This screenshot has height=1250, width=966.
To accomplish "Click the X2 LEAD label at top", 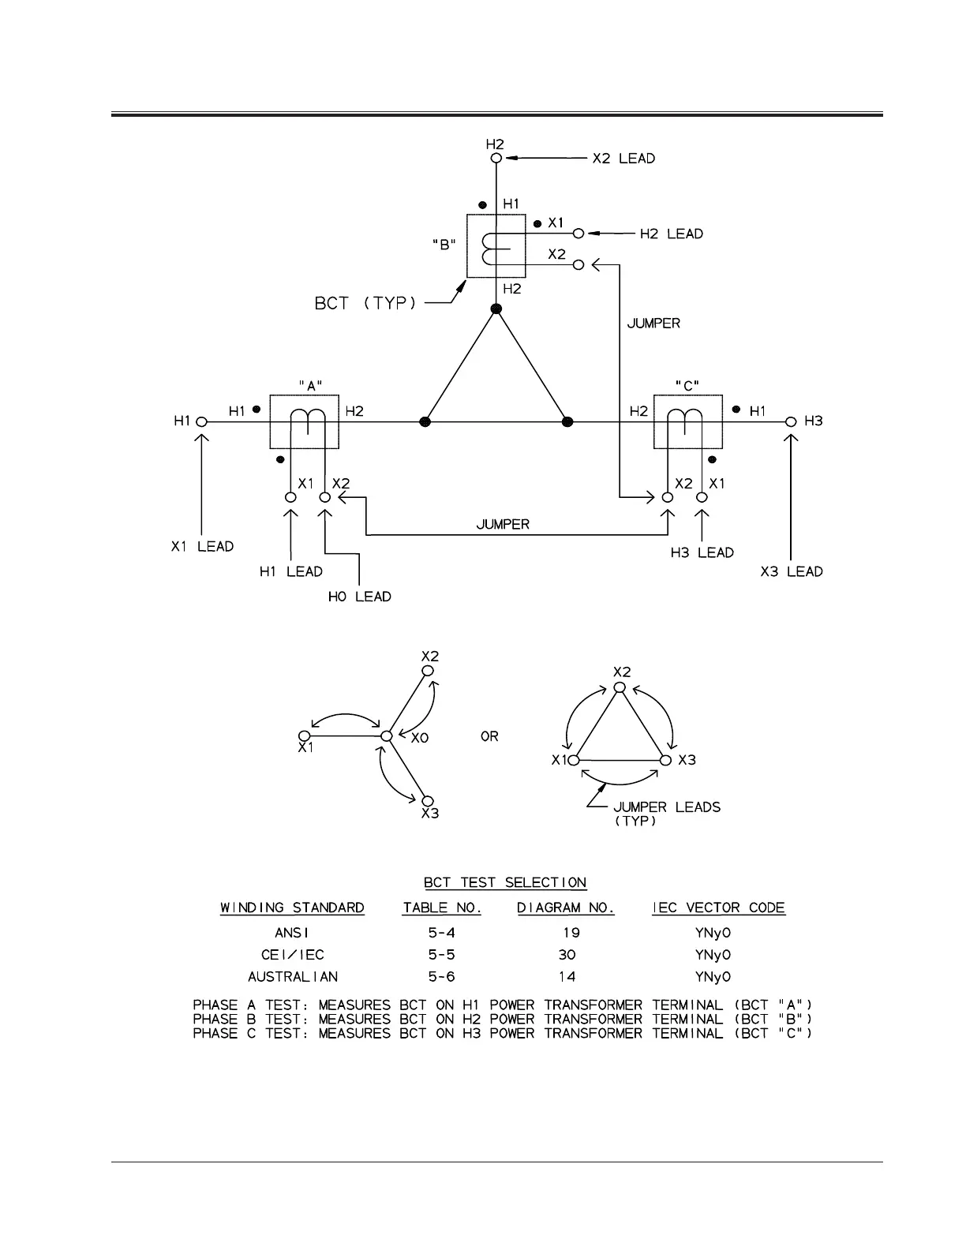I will coord(623,159).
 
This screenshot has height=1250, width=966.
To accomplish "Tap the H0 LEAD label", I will coord(359,597).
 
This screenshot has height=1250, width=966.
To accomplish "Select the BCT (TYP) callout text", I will coord(365,303).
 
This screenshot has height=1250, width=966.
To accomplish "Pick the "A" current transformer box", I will coord(304,422).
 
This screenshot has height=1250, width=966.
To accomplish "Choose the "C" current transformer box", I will coord(687,422).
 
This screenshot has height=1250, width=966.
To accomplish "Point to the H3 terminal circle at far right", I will coord(791,422).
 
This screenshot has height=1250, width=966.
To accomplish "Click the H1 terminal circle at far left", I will coord(201,422).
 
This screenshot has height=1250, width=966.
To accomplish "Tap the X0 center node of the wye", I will coord(386,736).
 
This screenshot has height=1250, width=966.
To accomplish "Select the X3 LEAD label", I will coord(792,571).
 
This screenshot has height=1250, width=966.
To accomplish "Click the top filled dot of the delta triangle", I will coord(496,309).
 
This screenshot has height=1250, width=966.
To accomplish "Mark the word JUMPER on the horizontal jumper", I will coord(503,524).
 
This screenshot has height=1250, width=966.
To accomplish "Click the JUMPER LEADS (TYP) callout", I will coord(666,814).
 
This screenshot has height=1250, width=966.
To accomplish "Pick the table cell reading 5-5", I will coord(441,954).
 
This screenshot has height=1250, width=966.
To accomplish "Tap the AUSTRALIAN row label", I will coord(292,976).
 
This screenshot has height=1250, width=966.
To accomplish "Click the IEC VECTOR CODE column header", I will coord(718,908).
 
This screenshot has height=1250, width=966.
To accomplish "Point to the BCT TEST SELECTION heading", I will coord(505,882).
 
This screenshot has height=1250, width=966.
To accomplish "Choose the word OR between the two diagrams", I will coord(489,736).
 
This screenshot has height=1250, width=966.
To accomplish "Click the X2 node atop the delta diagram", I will coord(620,687).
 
